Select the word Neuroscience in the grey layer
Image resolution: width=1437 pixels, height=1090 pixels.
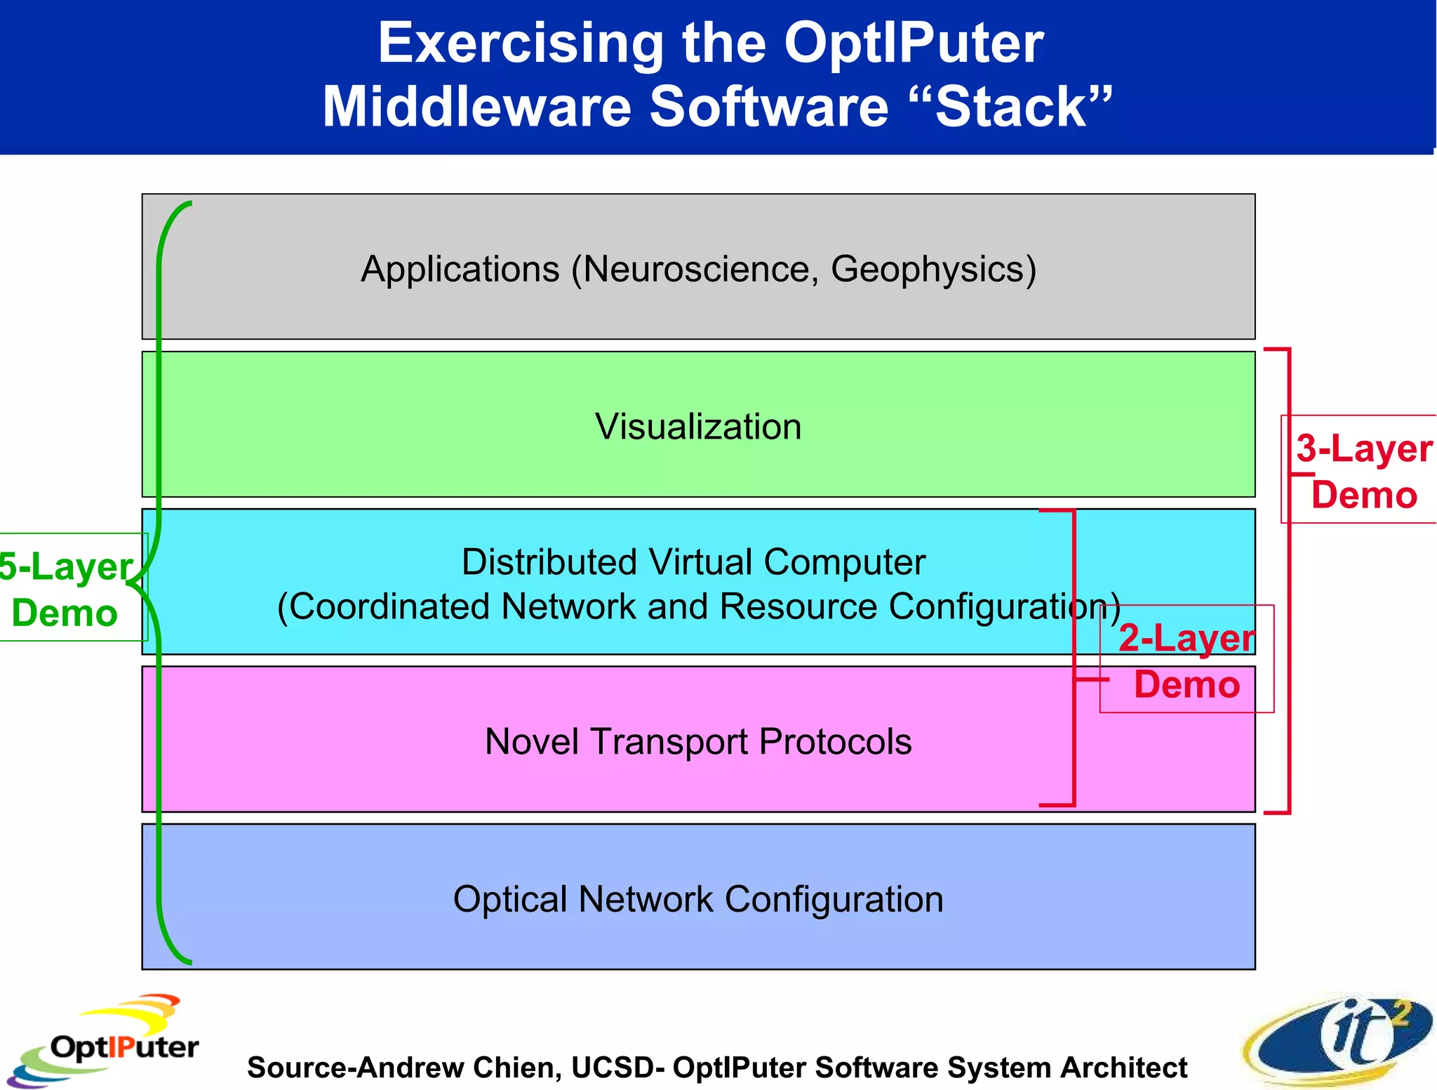696,270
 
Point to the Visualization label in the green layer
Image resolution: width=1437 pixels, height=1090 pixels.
698,427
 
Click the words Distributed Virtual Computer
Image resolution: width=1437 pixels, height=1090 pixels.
693,562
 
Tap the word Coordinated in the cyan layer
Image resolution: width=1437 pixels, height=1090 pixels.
388,606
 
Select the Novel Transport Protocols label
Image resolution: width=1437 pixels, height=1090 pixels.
698,742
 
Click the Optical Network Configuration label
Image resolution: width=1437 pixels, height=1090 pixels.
698,899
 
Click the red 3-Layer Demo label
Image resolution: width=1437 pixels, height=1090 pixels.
1363,471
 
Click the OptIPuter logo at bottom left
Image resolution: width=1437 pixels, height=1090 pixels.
105,1041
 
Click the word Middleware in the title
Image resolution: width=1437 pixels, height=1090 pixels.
477,107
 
